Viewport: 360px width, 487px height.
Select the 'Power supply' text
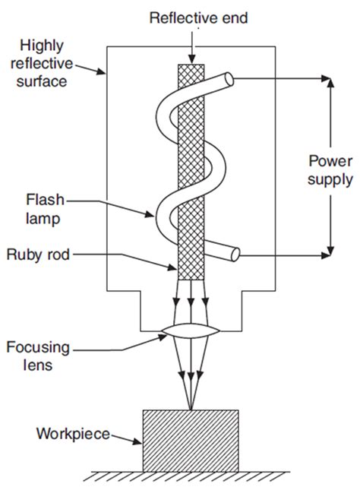330,171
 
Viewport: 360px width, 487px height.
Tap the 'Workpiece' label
71,435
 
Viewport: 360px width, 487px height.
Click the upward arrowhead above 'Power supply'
330,81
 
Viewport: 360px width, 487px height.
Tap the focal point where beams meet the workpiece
191,408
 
